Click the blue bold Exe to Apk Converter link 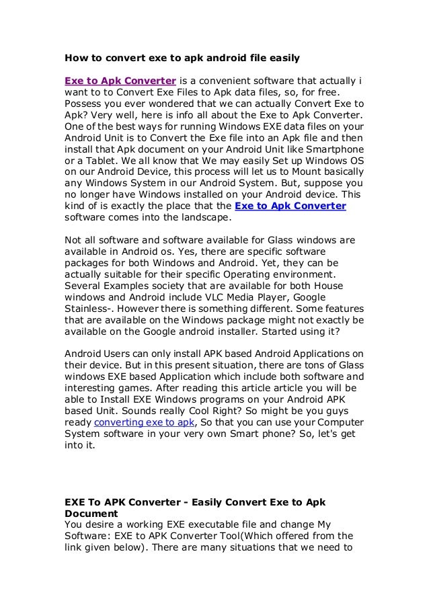click(x=290, y=206)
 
